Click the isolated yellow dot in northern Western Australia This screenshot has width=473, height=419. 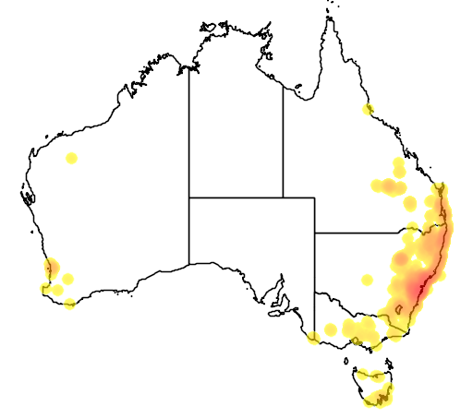click(x=71, y=159)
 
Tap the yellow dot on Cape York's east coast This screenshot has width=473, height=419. click(x=368, y=110)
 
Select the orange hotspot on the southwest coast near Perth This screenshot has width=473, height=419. click(x=52, y=269)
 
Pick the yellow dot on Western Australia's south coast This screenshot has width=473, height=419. click(x=70, y=304)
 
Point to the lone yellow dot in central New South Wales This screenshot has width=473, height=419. click(x=368, y=280)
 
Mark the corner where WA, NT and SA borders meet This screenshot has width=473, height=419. click(x=189, y=197)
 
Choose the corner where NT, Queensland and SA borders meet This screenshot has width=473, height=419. click(x=283, y=197)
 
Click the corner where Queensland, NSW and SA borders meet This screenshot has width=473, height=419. click(x=315, y=233)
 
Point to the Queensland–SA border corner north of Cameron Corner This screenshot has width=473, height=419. click(x=315, y=197)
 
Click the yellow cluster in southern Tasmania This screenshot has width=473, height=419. click(x=378, y=398)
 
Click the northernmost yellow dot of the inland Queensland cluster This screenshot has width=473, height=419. click(x=399, y=163)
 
